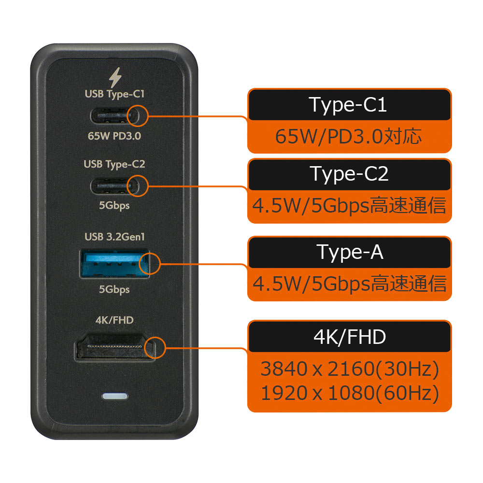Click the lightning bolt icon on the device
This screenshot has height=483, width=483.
(x=115, y=78)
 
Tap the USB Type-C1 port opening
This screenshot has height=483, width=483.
(x=114, y=116)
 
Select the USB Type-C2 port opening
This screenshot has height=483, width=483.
(x=114, y=186)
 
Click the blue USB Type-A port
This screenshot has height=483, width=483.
(x=114, y=264)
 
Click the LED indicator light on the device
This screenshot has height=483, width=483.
(x=114, y=396)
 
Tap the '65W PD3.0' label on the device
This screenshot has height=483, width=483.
(x=114, y=136)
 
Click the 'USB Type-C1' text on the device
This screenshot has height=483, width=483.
(x=114, y=94)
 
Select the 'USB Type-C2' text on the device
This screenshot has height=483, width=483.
(x=114, y=164)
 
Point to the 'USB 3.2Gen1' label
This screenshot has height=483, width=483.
(x=114, y=237)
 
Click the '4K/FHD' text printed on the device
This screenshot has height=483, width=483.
(x=114, y=320)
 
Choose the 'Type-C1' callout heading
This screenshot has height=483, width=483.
(x=348, y=105)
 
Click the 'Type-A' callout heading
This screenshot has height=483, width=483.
(x=350, y=253)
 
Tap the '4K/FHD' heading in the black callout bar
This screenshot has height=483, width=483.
(x=350, y=337)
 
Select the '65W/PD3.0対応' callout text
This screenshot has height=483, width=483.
(x=348, y=137)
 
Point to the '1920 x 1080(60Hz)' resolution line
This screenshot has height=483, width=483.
(x=350, y=393)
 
